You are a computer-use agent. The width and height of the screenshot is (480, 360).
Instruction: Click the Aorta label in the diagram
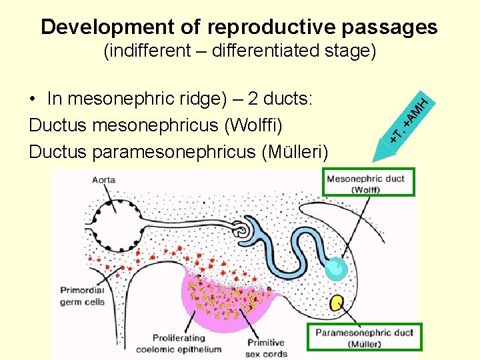click(105, 180)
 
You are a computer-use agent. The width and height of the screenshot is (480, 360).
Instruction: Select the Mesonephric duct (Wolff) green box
click(369, 182)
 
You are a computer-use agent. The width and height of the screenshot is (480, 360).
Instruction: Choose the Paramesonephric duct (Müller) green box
click(365, 337)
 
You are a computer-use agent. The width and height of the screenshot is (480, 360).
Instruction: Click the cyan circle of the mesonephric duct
click(335, 269)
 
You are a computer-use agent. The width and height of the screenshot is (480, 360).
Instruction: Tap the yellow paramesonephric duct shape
click(337, 303)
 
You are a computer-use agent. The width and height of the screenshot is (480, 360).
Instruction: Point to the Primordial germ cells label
click(83, 296)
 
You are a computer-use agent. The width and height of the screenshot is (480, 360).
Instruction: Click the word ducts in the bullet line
click(291, 99)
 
